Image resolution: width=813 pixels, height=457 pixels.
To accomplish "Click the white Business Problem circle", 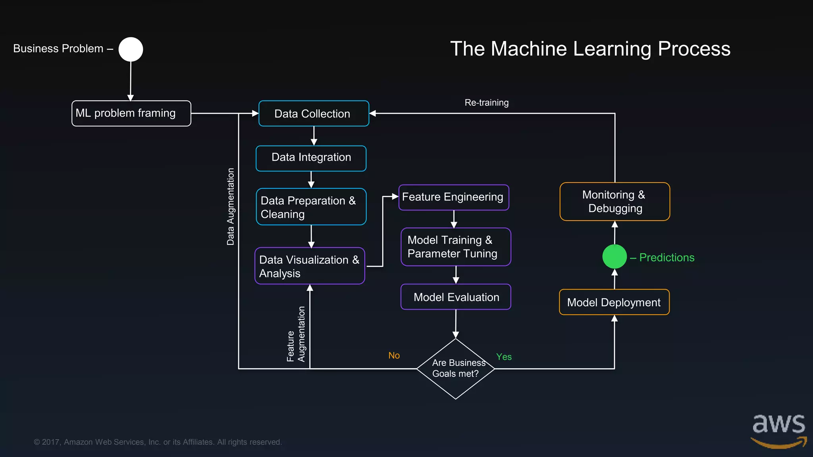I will point(131,50).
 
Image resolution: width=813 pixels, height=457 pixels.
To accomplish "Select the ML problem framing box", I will point(131,113).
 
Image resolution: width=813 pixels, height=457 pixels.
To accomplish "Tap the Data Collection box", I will point(314,113).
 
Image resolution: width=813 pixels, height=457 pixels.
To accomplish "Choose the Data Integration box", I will point(311,158).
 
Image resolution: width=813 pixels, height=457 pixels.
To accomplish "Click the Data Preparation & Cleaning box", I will point(311,207).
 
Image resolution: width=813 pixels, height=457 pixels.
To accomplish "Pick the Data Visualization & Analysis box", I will point(310,266).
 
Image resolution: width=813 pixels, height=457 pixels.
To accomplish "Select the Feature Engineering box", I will point(453,197).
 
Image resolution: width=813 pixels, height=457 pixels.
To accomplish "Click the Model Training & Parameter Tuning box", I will point(456,247).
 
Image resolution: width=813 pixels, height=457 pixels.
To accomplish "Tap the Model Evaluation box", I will point(456,297).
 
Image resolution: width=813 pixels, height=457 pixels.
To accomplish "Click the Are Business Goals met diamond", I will point(455,369).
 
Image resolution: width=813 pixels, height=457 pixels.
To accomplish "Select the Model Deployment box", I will point(614,302).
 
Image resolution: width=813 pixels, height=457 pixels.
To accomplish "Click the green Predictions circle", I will point(614,257).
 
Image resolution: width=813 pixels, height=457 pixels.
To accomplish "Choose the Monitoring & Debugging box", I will point(615,202).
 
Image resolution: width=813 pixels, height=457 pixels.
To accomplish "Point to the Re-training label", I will point(486,103).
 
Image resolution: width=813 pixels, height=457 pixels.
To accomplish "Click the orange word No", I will point(394,355).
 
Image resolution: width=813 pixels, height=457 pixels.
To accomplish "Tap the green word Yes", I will point(504,357).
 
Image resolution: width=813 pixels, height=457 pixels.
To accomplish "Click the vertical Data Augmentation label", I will point(231,206).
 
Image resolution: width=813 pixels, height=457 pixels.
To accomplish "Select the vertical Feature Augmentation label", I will point(296,334).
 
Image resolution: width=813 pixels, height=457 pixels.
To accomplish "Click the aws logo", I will point(778,430).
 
